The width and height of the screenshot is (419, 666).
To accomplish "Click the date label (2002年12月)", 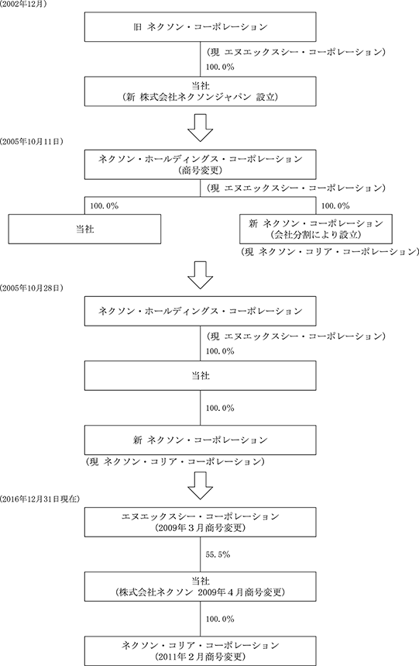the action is pyautogui.click(x=23, y=5).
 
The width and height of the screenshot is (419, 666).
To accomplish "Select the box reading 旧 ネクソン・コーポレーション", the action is pyautogui.click(x=200, y=27).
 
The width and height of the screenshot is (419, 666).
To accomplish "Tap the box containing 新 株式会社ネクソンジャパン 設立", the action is pyautogui.click(x=200, y=91).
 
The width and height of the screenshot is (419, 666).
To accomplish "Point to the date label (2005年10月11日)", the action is pyautogui.click(x=32, y=142).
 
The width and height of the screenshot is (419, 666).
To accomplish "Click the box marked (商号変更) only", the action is pyautogui.click(x=200, y=164).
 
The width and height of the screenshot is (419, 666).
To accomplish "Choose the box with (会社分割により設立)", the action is pyautogui.click(x=315, y=229).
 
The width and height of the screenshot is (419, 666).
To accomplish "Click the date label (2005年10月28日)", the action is pyautogui.click(x=32, y=288).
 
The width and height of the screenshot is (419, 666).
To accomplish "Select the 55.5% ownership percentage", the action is pyautogui.click(x=218, y=554).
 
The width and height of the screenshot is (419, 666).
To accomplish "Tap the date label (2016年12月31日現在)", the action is pyautogui.click(x=39, y=499).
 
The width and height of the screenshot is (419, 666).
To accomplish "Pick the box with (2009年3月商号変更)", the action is pyautogui.click(x=200, y=522).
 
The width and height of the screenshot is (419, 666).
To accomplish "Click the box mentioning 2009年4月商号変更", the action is pyautogui.click(x=200, y=587).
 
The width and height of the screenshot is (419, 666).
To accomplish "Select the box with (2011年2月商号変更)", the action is pyautogui.click(x=200, y=650).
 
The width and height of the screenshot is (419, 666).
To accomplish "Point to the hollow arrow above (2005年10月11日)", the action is pyautogui.click(x=200, y=128).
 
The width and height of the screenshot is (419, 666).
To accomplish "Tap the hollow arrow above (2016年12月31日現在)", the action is pyautogui.click(x=200, y=486).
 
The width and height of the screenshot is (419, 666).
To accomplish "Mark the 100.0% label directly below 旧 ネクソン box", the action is pyautogui.click(x=220, y=67).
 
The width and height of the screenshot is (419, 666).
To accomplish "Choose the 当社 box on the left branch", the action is pyautogui.click(x=84, y=229).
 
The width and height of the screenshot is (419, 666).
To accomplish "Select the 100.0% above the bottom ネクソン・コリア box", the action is pyautogui.click(x=220, y=619).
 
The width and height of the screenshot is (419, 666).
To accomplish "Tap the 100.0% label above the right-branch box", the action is pyautogui.click(x=335, y=206).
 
